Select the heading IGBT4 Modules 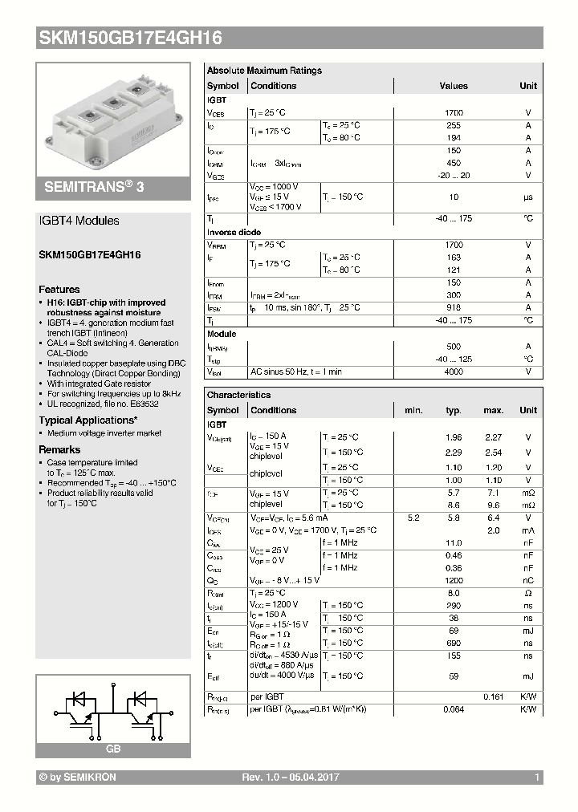tap(79, 221)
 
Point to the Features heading tap(59, 289)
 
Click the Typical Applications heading tap(88, 420)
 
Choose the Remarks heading tap(59, 449)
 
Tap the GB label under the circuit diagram tap(113, 748)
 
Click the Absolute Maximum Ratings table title tap(264, 71)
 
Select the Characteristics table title tap(238, 395)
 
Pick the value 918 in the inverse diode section tap(454, 307)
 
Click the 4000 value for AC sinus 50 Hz tap(454, 371)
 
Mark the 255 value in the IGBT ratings tap(454, 125)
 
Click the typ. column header tap(454, 410)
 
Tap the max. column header tap(493, 410)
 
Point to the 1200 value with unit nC tap(454, 579)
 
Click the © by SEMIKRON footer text tap(78, 778)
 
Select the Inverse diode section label tap(234, 232)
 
